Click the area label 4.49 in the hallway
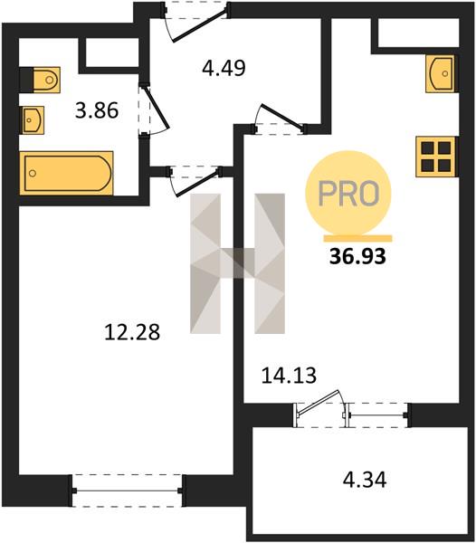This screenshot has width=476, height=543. click(x=224, y=68)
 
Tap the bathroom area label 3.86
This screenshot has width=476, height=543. click(x=97, y=110)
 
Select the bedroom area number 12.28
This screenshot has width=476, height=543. click(x=132, y=332)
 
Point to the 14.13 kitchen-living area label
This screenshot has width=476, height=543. click(x=289, y=376)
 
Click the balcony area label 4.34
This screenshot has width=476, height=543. click(x=365, y=480)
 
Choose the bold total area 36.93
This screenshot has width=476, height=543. click(x=357, y=257)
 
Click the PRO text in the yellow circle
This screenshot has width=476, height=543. click(x=348, y=194)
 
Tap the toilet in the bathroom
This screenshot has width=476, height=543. click(x=40, y=80)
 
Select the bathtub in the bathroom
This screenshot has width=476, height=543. click(x=66, y=173)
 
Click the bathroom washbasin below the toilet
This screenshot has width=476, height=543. click(x=33, y=119)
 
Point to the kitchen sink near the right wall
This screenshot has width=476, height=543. click(x=440, y=74)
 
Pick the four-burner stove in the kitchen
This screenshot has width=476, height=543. click(x=435, y=157)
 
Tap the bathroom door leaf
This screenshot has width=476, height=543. click(x=156, y=108)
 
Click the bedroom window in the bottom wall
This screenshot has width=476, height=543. click(x=127, y=491)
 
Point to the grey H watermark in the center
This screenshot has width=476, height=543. click(x=237, y=263)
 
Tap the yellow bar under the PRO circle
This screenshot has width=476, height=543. click(x=358, y=238)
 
